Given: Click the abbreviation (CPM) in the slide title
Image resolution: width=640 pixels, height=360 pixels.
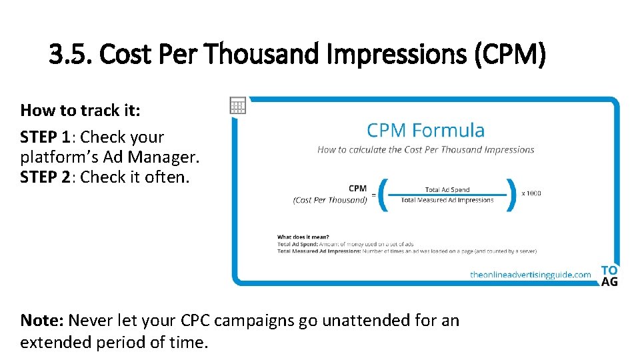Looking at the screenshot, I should [x=510, y=54].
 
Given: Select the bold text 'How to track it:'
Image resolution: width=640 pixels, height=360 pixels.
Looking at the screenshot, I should [x=81, y=110].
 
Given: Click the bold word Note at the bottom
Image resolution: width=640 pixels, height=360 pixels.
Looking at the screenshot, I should [x=42, y=320].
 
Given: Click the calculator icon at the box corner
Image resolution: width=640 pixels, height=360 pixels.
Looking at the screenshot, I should [x=238, y=105].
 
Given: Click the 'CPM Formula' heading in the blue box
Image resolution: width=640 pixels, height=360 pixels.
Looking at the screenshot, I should [x=425, y=130].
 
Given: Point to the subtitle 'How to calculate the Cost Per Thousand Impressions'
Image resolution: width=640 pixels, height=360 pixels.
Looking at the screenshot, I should [x=425, y=150].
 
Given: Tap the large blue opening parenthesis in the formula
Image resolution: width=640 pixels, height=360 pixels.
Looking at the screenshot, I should [x=383, y=194].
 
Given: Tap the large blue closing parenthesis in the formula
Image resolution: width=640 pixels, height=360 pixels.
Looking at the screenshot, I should [x=511, y=194].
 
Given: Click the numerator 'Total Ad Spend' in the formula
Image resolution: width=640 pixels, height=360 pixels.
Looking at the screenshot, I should [x=447, y=190].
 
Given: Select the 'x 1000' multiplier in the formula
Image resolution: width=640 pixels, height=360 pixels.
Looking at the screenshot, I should [x=531, y=193].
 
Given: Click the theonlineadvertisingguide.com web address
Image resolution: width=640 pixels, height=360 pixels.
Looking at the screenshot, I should [x=530, y=274].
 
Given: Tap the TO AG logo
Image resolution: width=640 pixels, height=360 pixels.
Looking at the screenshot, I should [x=609, y=275].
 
